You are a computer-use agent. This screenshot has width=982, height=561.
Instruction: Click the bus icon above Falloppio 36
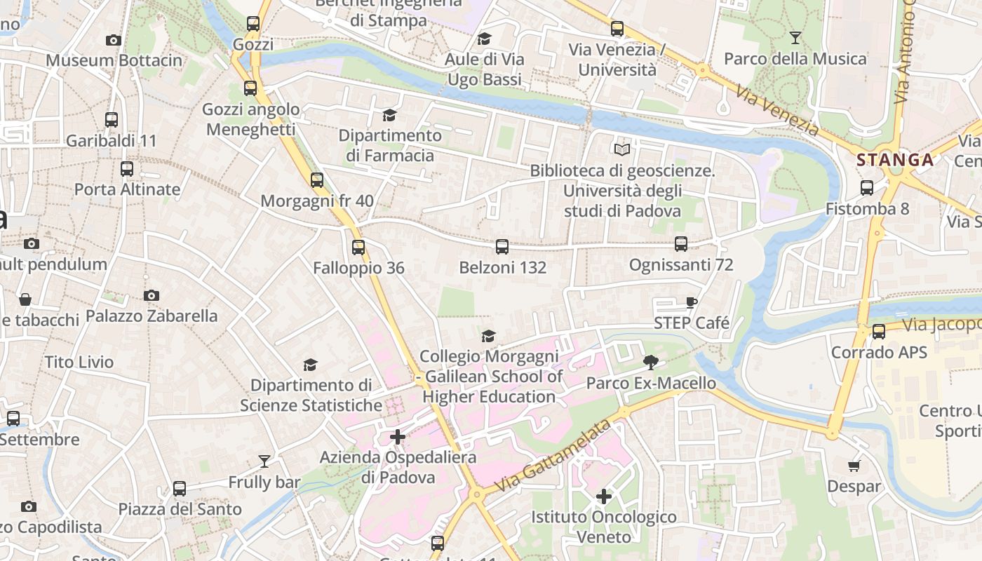click(358, 247)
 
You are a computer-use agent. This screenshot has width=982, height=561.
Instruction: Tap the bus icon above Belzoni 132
click(502, 246)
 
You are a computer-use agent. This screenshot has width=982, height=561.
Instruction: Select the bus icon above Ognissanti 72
click(681, 243)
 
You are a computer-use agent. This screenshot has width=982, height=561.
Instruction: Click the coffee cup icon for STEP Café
click(692, 302)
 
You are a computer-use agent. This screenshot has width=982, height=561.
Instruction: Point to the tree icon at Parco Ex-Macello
click(651, 363)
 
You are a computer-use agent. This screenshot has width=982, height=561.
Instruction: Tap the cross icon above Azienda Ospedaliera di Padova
click(398, 437)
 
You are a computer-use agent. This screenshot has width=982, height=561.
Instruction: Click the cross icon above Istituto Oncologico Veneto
click(604, 496)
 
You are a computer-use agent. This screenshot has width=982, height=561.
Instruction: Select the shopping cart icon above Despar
click(854, 466)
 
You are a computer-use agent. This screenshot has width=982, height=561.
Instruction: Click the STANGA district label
click(895, 160)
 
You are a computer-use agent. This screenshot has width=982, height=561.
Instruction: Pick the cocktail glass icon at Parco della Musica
click(795, 37)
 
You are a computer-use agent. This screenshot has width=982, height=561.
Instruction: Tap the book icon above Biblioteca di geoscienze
click(622, 149)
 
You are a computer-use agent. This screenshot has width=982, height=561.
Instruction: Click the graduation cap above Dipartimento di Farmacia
click(389, 114)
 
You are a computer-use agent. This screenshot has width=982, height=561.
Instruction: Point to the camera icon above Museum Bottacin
click(114, 40)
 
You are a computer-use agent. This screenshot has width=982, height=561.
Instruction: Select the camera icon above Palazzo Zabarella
click(152, 295)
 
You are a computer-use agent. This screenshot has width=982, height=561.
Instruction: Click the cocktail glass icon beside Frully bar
click(264, 461)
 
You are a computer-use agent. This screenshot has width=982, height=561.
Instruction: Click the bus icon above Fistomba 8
click(867, 187)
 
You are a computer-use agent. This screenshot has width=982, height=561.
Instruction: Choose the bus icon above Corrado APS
click(879, 331)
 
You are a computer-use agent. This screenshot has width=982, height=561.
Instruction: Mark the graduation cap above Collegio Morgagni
click(488, 336)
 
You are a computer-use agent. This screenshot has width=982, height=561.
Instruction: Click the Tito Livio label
click(79, 363)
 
